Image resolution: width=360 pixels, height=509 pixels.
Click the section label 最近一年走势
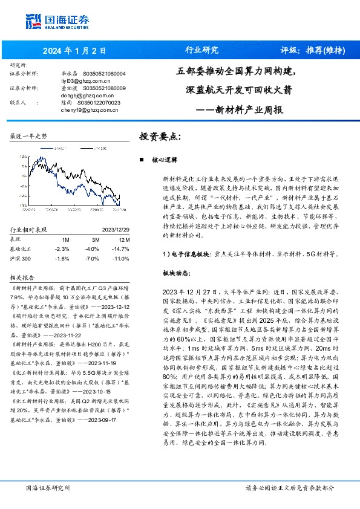29,137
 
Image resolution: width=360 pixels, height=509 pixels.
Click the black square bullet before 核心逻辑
141,160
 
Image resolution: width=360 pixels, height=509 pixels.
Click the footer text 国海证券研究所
48,487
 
